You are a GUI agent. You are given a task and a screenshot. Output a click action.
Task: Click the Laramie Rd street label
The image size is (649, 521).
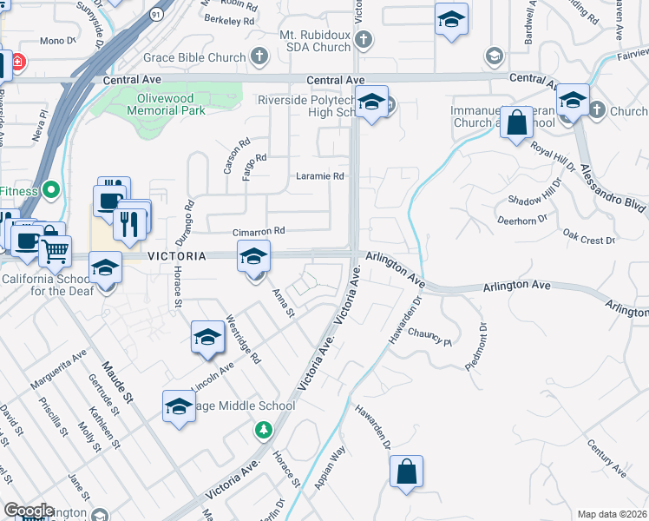(320, 175)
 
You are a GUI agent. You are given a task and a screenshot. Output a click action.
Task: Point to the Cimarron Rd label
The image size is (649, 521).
(259, 232)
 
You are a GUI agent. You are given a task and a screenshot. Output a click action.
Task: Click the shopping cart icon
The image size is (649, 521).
(56, 251)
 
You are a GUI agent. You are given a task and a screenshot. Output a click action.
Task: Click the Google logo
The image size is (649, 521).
(29, 511)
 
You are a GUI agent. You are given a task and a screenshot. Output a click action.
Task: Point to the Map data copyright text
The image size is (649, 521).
(613, 514)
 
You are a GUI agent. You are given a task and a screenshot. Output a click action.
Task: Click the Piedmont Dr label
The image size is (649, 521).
(476, 346)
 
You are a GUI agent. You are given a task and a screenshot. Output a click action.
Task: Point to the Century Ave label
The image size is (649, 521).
(606, 458)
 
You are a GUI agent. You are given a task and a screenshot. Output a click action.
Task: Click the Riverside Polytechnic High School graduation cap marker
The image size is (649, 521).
(371, 105)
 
